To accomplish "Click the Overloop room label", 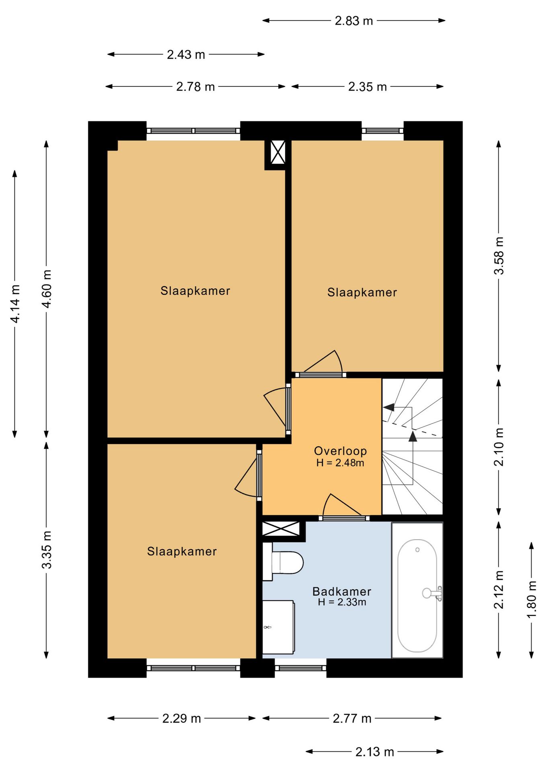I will coord(340,451).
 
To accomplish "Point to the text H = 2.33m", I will coord(342,602).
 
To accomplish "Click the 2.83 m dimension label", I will coord(354,21).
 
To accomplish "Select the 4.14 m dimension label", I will coord(15,304).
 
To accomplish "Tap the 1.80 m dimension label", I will coord(532,600).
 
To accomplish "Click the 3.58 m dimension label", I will coord(499,256).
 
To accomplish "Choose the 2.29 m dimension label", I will coord(181,719).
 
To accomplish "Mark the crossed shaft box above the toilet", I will coord(281,528).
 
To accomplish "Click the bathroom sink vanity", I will coord(278,626).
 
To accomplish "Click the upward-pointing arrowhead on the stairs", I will coord(413,436).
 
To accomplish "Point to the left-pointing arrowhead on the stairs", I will coord(388,407).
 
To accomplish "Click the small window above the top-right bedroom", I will coord(382,131).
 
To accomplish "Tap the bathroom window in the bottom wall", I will coord(300,668).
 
